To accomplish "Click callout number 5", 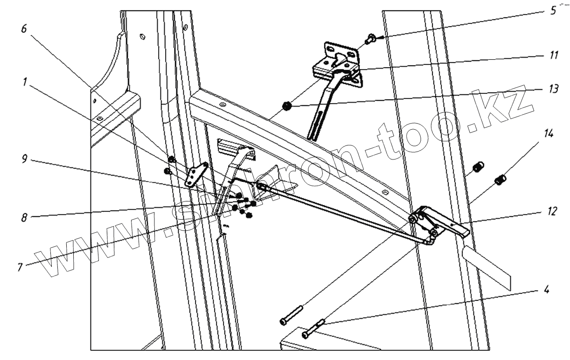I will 553,11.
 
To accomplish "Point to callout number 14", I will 549,134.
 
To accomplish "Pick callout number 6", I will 24,29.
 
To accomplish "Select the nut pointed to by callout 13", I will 287,107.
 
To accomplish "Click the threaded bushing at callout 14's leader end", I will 500,178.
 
